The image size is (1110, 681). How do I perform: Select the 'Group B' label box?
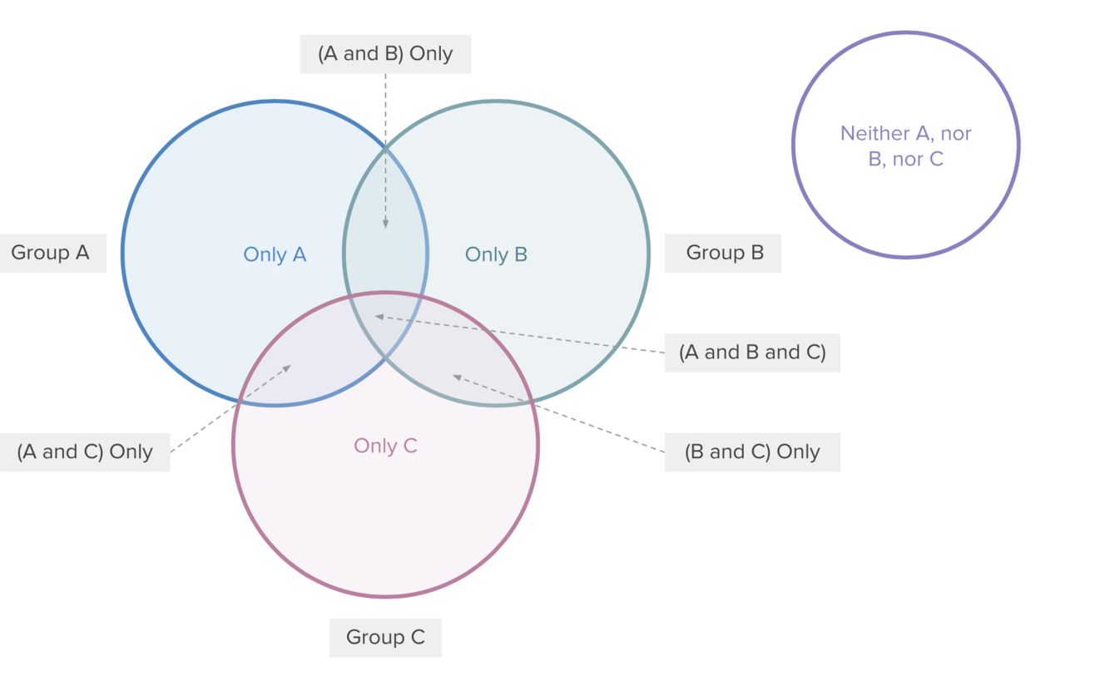723,253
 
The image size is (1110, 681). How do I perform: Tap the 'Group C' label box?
385,638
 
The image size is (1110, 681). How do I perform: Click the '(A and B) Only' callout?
385,54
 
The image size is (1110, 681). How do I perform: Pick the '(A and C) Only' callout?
85,452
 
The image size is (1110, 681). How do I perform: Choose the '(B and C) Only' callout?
752,452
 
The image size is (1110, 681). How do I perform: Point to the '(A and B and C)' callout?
752,353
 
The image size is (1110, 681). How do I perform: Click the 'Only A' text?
275,254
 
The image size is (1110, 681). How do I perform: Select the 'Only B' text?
496,254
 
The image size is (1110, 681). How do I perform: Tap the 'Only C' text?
385,446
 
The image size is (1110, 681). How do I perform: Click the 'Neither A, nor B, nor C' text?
906,146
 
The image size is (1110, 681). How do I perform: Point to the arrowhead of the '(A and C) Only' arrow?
288,368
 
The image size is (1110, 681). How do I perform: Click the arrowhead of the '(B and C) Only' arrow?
457,377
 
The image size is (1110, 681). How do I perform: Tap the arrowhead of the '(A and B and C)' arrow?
379,316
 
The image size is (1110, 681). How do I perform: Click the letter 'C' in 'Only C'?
409,446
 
